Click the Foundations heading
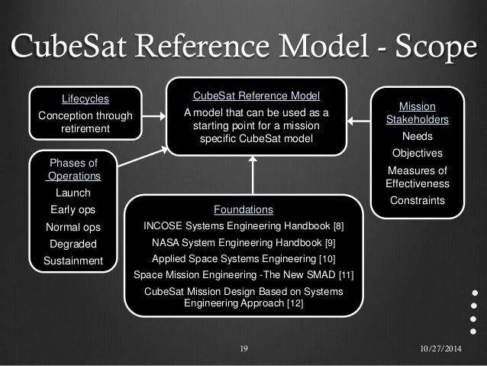pos(243,209)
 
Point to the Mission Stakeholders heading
pos(417,114)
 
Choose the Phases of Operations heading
pos(73,170)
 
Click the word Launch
pos(73,193)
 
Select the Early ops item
pos(73,209)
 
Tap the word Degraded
pos(73,244)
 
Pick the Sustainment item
pos(73,261)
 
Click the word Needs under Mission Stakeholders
pos(417,136)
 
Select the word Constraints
pos(417,200)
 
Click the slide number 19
pos(244,349)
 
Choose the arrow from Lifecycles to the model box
pos(153,116)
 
